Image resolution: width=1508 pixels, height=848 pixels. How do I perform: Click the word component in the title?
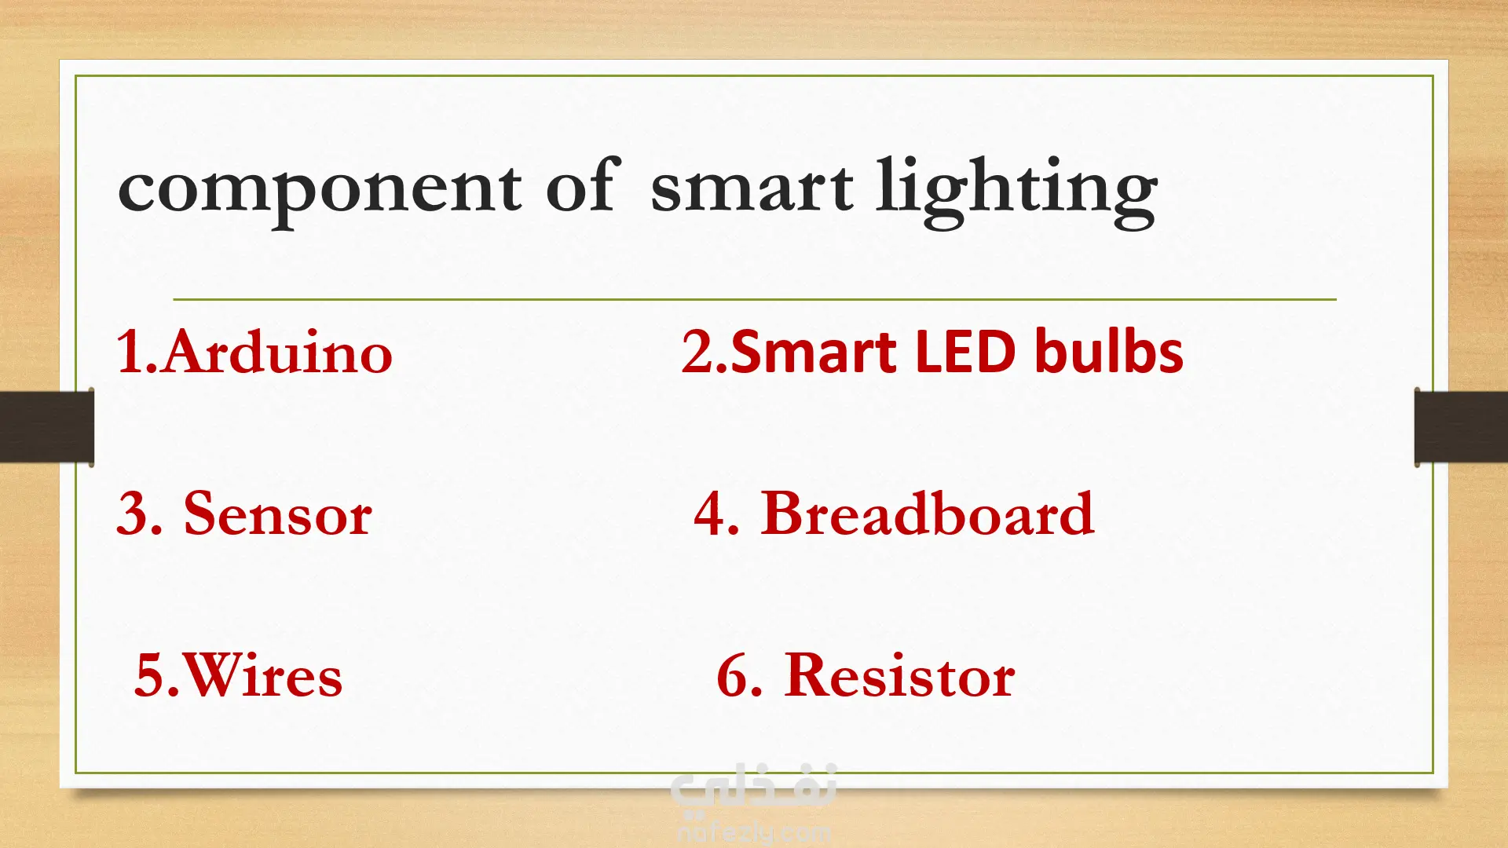[x=319, y=193]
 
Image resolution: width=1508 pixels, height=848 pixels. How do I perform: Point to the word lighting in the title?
[x=1016, y=192]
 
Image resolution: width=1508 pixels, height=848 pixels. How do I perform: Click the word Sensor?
[x=278, y=514]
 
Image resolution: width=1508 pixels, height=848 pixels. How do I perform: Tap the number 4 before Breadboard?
[x=711, y=514]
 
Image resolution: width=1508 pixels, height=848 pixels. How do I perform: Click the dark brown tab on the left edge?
[x=47, y=426]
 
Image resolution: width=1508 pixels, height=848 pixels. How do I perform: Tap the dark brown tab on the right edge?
[x=1461, y=426]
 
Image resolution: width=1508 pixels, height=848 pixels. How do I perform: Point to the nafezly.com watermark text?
[x=754, y=831]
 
